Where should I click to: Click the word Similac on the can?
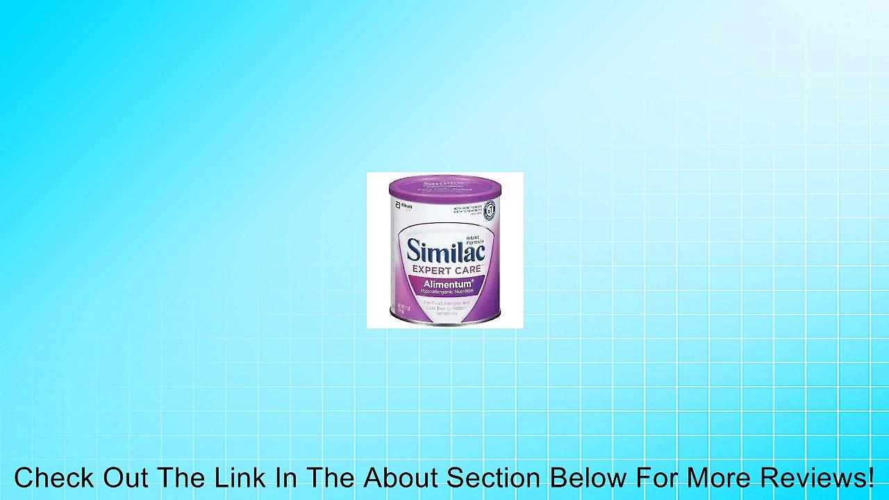click(445, 250)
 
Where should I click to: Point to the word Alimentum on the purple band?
click(444, 283)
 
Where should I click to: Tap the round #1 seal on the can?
click(490, 208)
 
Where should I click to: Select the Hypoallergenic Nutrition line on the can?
click(445, 292)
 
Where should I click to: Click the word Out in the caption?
click(125, 478)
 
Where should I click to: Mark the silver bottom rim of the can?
click(445, 324)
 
